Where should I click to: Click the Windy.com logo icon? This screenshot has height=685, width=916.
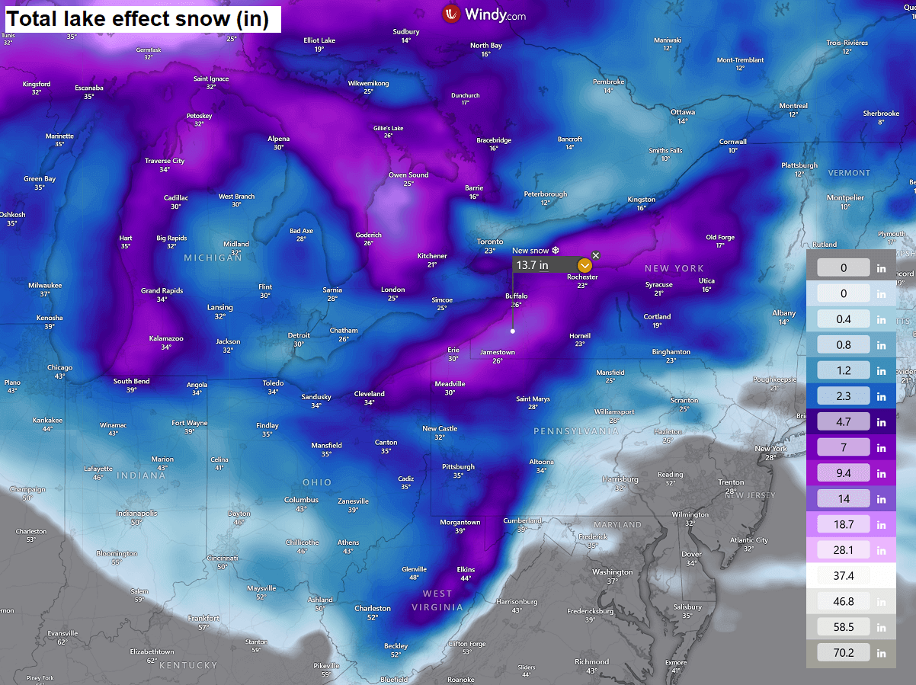tap(451, 14)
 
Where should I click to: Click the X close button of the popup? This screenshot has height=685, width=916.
tap(596, 255)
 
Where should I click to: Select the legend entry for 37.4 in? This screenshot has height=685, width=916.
tap(844, 575)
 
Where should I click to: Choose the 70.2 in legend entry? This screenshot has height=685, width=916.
tap(844, 652)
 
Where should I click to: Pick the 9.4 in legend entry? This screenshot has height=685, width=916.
tap(844, 473)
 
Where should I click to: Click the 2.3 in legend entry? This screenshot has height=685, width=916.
tap(844, 396)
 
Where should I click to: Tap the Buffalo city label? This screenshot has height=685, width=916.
tap(516, 296)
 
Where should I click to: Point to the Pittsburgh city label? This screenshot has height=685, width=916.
tap(458, 467)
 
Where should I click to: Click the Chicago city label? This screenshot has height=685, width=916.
tap(59, 367)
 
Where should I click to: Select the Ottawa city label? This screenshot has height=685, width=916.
tap(682, 112)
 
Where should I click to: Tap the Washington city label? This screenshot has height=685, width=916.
tap(612, 572)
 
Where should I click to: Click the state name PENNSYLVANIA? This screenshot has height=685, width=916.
tap(576, 431)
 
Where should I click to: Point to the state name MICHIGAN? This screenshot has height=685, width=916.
tap(213, 258)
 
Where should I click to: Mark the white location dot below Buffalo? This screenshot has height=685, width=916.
tap(513, 331)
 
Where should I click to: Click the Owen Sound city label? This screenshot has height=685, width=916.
tap(408, 175)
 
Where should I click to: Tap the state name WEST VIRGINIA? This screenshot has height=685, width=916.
tap(437, 600)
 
